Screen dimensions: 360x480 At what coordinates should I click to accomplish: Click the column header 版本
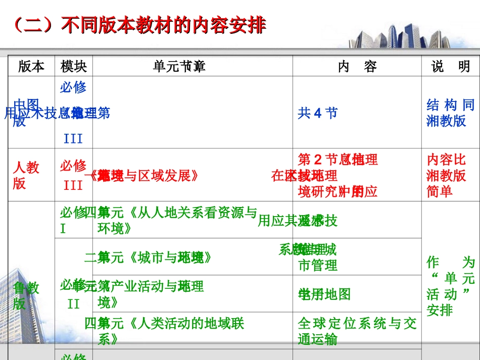[31, 67]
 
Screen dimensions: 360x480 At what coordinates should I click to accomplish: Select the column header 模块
[74, 67]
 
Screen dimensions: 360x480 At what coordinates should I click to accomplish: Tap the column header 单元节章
[179, 67]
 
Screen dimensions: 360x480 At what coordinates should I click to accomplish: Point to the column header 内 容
[357, 67]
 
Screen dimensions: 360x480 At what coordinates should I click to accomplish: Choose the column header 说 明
[451, 67]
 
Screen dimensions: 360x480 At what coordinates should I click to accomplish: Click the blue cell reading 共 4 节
[318, 113]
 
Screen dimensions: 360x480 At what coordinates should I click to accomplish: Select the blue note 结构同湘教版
[451, 113]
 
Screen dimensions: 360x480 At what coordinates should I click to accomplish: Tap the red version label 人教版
[26, 175]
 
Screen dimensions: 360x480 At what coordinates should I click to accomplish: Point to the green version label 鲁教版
[26, 295]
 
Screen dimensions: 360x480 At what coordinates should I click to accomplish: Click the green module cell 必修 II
[74, 294]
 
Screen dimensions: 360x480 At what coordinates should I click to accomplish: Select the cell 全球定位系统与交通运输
[357, 331]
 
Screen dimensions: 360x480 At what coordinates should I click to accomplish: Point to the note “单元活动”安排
[451, 286]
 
